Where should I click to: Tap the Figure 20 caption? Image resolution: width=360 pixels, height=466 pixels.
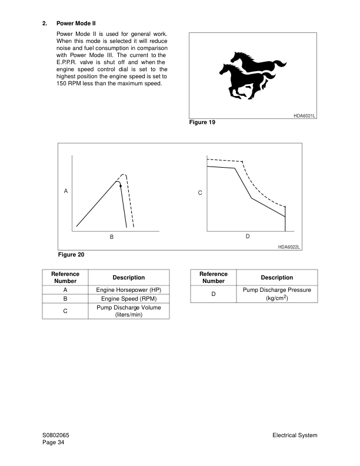point(72,255)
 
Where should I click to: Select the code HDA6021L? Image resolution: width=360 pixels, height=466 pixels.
point(304,116)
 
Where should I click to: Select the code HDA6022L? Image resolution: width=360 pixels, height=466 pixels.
point(289,247)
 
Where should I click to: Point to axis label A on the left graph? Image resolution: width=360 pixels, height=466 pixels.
point(66,191)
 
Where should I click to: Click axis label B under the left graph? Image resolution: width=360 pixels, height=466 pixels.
point(111,237)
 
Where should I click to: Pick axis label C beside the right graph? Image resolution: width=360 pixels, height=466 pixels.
point(200,192)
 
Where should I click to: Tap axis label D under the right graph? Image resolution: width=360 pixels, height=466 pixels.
point(248,236)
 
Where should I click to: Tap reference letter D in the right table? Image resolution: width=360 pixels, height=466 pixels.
point(214,294)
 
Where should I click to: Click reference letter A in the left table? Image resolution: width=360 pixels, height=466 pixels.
point(65,290)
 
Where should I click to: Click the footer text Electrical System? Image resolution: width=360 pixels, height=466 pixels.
point(295,435)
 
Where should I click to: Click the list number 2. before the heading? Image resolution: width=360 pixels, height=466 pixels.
point(45,24)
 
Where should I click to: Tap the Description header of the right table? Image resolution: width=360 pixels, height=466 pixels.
point(276,278)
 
